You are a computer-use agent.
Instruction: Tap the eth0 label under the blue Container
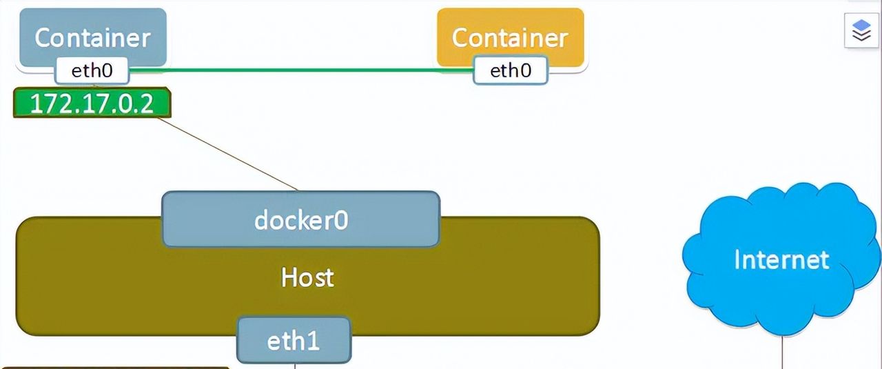coord(92,70)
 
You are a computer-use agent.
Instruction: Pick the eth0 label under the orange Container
coord(510,70)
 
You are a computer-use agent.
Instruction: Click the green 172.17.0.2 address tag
coord(92,103)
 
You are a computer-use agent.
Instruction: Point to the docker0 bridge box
coord(300,219)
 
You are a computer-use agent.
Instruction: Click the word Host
coord(307,277)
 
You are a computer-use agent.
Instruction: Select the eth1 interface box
coord(294,340)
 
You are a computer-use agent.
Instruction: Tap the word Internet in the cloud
coord(781,260)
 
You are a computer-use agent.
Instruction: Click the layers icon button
coord(861,31)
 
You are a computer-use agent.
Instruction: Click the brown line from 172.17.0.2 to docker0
coord(227,154)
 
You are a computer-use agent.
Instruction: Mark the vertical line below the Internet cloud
coord(783,352)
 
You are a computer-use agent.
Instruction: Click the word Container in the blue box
coord(92,38)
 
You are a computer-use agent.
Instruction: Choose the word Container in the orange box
coord(510,38)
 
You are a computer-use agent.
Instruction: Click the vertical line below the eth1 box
coord(295,366)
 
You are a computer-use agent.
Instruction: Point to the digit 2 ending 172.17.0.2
coord(160,103)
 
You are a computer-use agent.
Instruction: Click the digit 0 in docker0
coord(340,220)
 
